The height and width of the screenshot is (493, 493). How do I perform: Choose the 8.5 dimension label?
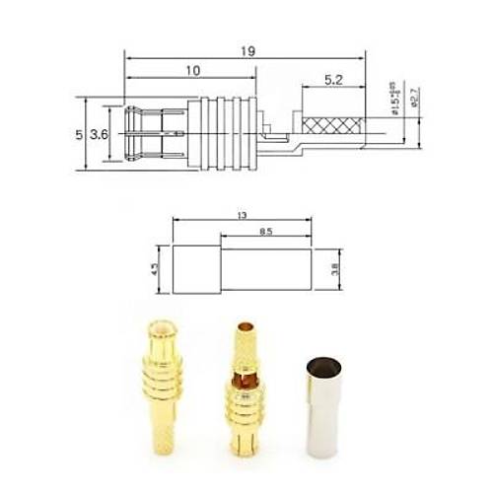tap(265, 233)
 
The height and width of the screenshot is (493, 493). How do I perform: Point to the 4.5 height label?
tap(155, 268)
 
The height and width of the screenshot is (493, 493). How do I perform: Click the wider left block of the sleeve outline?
tap(195, 268)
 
